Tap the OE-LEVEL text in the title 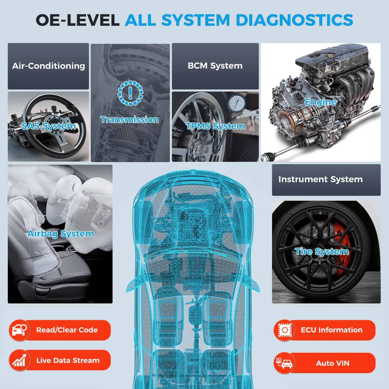click(x=77, y=20)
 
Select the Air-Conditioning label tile click(x=48, y=66)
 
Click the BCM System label click(x=215, y=66)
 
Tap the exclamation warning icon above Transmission click(x=130, y=93)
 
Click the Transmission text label click(x=129, y=120)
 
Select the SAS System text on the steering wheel click(x=48, y=126)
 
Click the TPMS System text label click(x=216, y=126)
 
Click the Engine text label click(x=321, y=102)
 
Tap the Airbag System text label click(x=61, y=234)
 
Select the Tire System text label click(x=322, y=252)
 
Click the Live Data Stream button click(x=60, y=360)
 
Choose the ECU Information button click(x=324, y=330)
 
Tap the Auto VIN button click(x=324, y=363)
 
